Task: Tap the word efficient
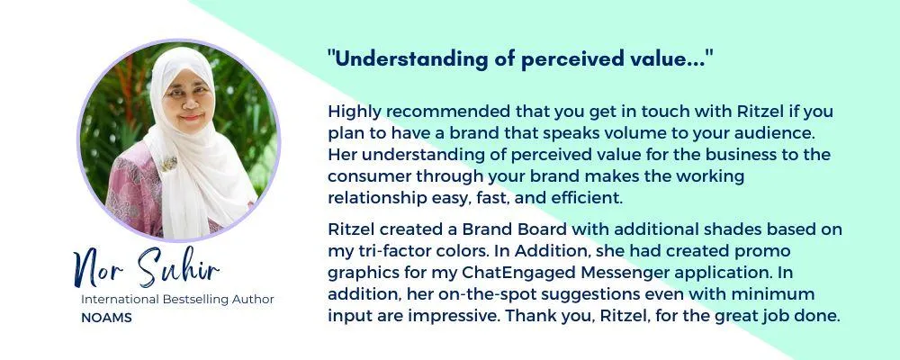[x=589, y=199]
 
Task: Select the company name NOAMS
[x=106, y=318]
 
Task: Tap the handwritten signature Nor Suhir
[x=146, y=267]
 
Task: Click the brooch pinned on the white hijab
[x=168, y=163]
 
